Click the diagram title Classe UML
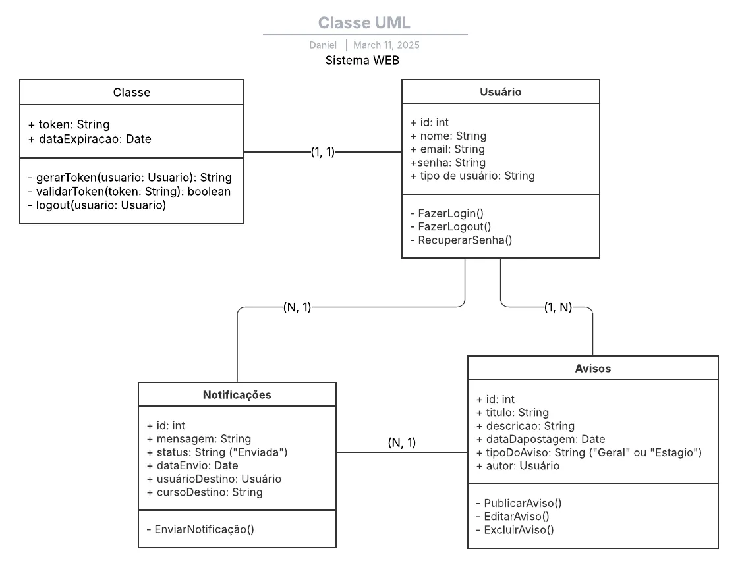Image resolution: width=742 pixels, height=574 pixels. (x=364, y=23)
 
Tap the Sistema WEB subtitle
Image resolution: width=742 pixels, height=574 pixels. (x=362, y=60)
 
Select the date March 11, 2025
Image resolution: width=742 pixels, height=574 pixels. (x=386, y=45)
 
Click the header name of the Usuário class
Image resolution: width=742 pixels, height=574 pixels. (x=500, y=92)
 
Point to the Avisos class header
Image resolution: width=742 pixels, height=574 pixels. (x=592, y=369)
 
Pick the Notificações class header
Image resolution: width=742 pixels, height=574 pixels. (x=237, y=395)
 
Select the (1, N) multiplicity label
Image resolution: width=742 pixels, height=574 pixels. (x=557, y=307)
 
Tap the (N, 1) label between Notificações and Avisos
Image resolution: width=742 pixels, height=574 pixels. (x=401, y=443)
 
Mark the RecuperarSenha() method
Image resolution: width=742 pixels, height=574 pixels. (x=461, y=240)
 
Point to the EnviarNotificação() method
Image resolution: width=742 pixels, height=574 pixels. (x=200, y=529)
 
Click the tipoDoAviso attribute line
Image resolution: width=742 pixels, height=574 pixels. (x=588, y=453)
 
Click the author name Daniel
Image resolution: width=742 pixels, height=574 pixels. (x=323, y=45)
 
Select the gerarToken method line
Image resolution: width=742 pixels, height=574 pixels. (x=130, y=178)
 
